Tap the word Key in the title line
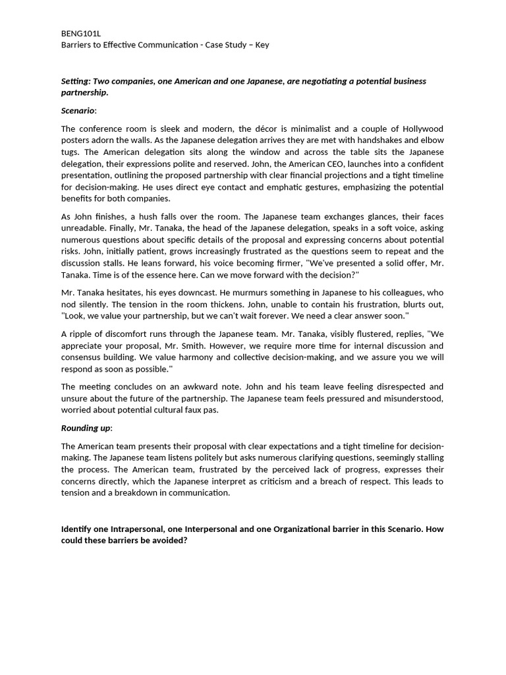261,45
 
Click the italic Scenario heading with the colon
78,110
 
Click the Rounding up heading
86,427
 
